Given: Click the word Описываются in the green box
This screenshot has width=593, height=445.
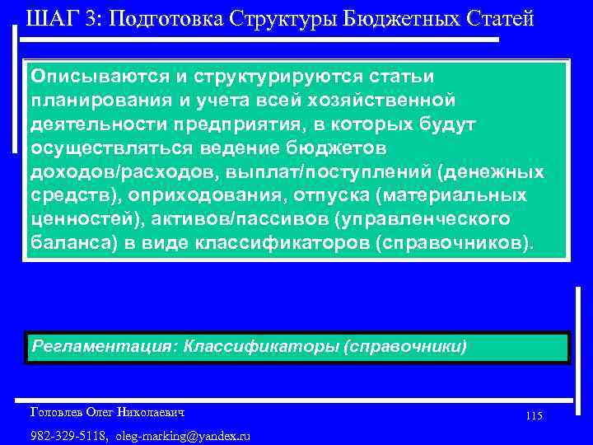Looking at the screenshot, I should [100, 76].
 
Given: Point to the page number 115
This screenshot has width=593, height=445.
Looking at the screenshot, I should [534, 416].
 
